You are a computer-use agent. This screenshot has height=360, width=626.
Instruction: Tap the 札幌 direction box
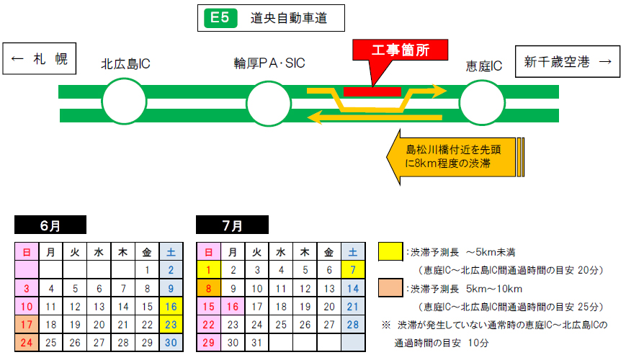coord(40,60)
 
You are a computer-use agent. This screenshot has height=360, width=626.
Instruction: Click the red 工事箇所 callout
coord(400,50)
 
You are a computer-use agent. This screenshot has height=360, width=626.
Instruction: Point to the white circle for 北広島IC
coord(123,103)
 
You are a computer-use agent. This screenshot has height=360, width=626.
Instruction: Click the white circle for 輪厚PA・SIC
coord(269,103)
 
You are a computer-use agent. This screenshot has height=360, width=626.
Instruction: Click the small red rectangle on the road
coord(372,91)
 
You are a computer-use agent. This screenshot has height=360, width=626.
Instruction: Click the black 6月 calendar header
coord(50,225)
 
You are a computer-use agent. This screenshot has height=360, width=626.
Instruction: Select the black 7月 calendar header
coord(232,225)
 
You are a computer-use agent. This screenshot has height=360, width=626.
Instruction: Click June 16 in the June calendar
coord(171,307)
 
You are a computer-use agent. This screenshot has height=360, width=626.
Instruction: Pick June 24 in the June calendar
coord(27,343)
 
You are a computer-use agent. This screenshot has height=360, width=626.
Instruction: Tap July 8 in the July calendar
coord(208,289)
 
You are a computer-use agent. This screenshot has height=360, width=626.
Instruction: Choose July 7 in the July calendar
coord(352,271)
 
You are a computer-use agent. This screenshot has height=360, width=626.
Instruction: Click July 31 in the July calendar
coord(256,343)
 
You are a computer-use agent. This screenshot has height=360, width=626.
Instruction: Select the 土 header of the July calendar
coord(352,252)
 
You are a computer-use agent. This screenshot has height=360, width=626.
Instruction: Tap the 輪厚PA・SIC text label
coord(269,64)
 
